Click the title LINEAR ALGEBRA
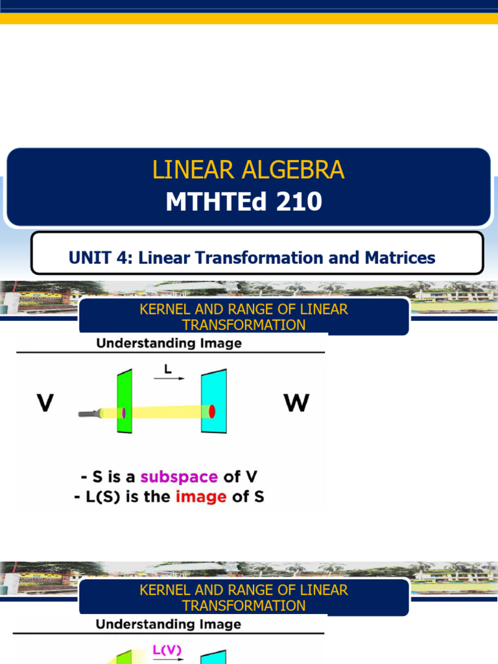tap(248, 170)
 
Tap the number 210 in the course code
tap(299, 202)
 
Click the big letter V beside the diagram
tap(44, 403)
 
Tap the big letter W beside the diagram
tap(296, 403)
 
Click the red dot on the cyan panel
tap(211, 410)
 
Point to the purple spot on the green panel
tap(123, 412)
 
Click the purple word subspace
tap(179, 477)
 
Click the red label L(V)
tap(167, 648)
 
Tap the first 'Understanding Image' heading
tap(169, 344)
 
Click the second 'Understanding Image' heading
tap(169, 624)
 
